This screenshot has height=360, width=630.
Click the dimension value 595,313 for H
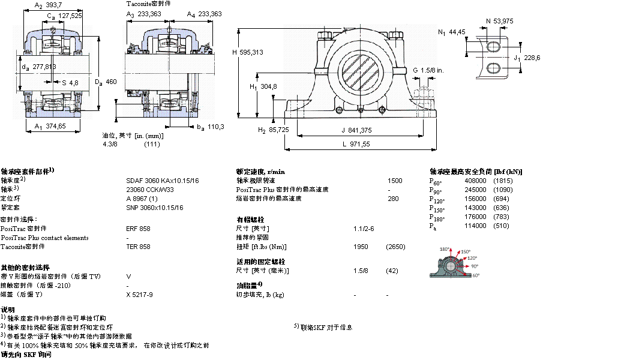[251, 52]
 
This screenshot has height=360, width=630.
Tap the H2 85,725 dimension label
[274, 130]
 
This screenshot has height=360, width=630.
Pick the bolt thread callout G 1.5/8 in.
[427, 70]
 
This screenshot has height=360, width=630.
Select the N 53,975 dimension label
[500, 21]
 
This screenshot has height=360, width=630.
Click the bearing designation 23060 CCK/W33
[150, 190]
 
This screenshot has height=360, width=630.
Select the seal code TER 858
[138, 247]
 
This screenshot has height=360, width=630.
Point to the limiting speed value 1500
[395, 181]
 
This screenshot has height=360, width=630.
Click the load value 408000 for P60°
[475, 181]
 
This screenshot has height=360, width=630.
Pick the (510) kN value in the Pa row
[500, 226]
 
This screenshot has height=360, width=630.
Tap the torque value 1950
[361, 247]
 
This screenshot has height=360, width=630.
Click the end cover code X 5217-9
[139, 295]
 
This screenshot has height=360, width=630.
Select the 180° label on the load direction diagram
[445, 249]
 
